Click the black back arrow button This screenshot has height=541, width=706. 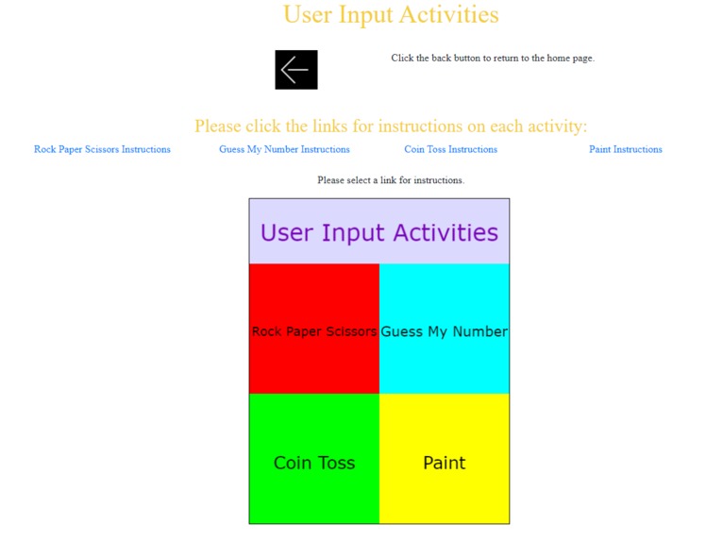(295, 70)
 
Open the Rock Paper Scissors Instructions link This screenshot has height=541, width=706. (102, 149)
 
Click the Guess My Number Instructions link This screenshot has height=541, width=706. (284, 149)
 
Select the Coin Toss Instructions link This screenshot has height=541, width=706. (450, 149)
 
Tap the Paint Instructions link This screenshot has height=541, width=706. (625, 149)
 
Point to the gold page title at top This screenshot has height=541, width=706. (391, 15)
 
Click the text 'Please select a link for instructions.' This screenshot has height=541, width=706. (391, 179)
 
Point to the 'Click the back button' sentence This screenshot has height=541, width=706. (493, 59)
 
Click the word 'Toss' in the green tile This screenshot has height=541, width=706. (336, 463)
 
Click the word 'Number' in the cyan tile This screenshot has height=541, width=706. (478, 331)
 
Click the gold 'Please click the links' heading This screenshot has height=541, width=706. (391, 126)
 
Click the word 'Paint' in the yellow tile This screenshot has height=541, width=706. (444, 463)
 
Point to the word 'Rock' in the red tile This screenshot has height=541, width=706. (266, 331)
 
